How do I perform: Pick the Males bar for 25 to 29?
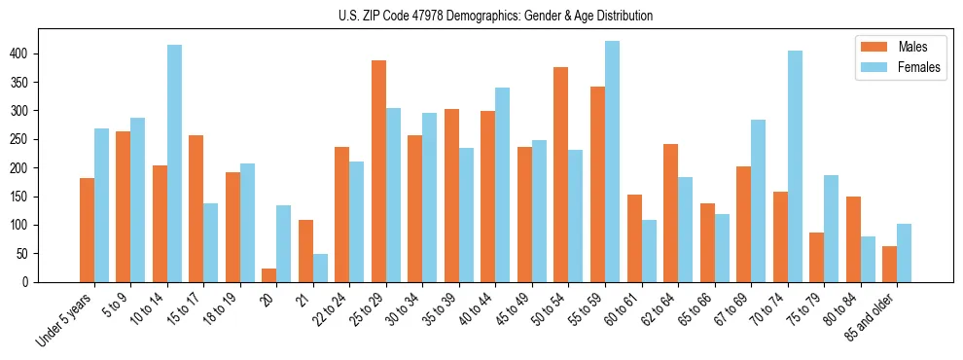pyautogui.click(x=378, y=171)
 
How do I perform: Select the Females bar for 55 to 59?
pyautogui.click(x=612, y=162)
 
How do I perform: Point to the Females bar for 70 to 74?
pyautogui.click(x=795, y=166)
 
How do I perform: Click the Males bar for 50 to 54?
pyautogui.click(x=561, y=176)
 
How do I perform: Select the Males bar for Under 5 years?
pyautogui.click(x=87, y=231)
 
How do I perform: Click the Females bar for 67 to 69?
pyautogui.click(x=758, y=201)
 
